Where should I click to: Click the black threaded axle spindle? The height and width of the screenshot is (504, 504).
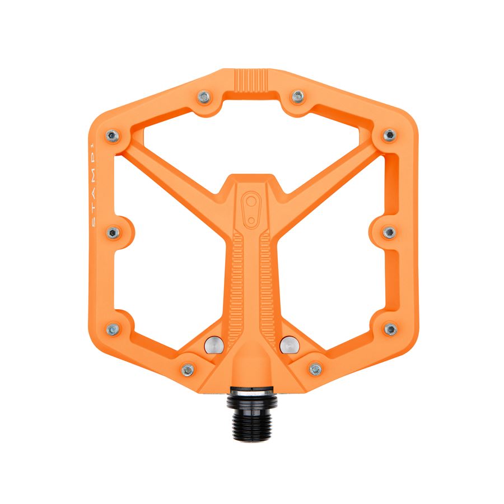tap(252, 414)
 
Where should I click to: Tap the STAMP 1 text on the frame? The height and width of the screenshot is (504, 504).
tap(92, 185)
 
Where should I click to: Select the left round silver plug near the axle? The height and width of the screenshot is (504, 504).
tap(214, 345)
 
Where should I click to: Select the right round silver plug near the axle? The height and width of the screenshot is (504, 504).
tap(290, 345)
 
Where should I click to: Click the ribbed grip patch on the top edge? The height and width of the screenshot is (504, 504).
tap(251, 80)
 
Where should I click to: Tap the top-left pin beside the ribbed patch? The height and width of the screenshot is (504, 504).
tap(204, 97)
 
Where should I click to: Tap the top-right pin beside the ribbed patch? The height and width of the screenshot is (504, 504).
tap(298, 96)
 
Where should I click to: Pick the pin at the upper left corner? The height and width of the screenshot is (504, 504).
tap(113, 136)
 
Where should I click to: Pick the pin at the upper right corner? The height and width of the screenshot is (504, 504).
tap(390, 136)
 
